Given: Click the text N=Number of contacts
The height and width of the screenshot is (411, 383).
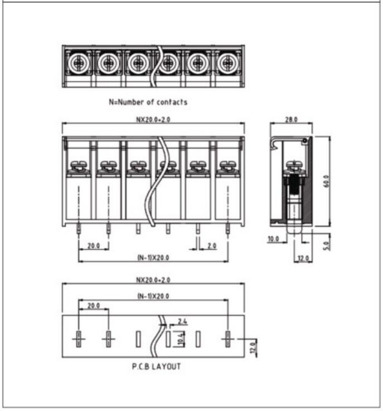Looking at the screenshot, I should tap(148, 103).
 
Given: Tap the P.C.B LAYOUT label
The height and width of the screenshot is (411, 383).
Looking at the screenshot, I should tap(149, 367).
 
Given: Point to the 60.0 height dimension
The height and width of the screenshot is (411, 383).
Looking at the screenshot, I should tap(326, 181).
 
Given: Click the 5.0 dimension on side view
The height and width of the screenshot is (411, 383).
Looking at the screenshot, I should tap(326, 244).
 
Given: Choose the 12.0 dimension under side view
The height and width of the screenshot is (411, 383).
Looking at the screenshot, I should tap(303, 258).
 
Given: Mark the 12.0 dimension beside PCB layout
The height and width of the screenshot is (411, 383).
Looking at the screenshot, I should tap(254, 346).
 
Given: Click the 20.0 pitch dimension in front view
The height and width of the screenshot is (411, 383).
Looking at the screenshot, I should tap(94, 245).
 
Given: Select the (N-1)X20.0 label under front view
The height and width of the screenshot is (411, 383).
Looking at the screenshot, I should tap(153, 258).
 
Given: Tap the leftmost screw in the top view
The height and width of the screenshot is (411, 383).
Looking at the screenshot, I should tap(79, 65).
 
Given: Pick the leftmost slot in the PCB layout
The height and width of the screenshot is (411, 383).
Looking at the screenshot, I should tap(79, 339).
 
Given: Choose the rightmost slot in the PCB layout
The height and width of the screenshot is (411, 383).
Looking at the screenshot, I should tap(227, 339).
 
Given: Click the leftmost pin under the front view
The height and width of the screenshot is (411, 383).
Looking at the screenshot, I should tap(79, 228).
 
